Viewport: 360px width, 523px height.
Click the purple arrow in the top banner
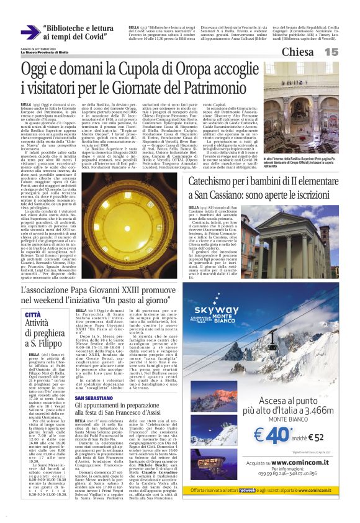pos(30,32)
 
